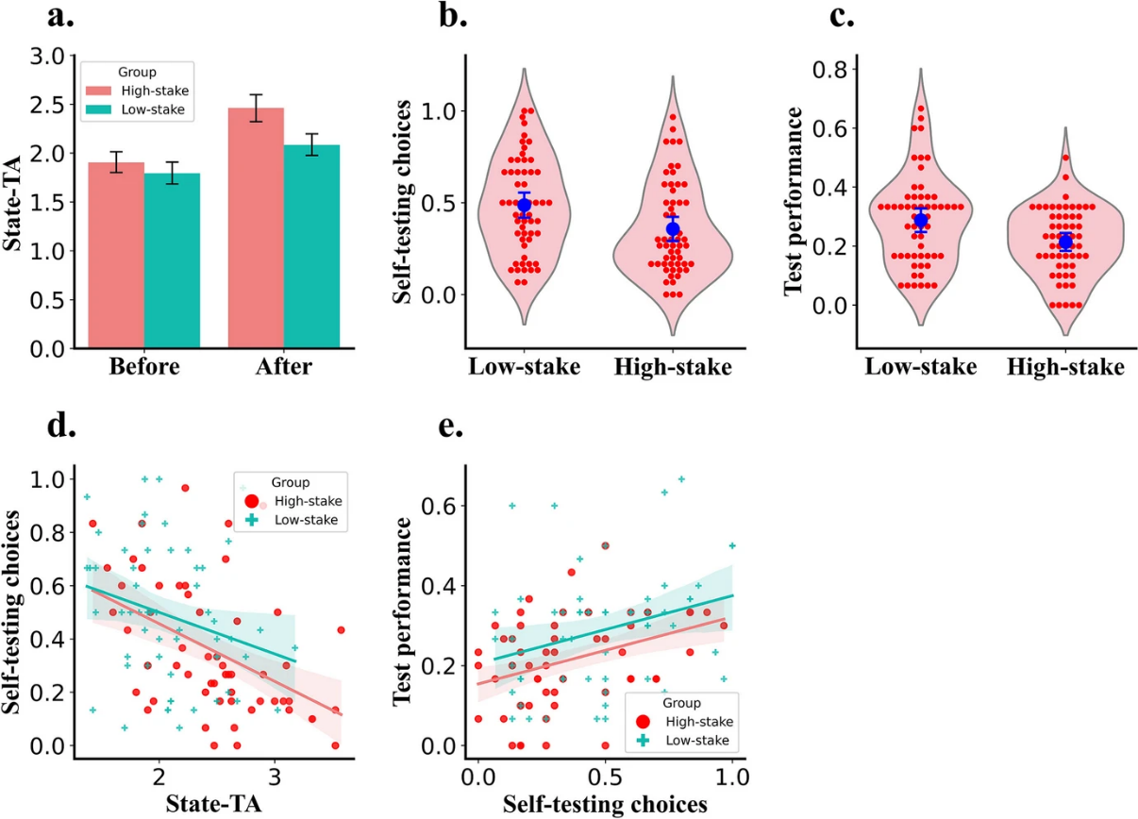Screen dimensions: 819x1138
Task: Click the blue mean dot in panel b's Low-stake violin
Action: pyautogui.click(x=525, y=205)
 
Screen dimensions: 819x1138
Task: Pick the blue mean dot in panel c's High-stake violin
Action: pyautogui.click(x=1065, y=242)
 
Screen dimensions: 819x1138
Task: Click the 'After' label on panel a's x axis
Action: pyautogui.click(x=284, y=366)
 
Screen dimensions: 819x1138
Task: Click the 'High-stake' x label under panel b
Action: pyautogui.click(x=672, y=367)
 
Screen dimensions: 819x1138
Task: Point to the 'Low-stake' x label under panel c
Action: pyautogui.click(x=921, y=367)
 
